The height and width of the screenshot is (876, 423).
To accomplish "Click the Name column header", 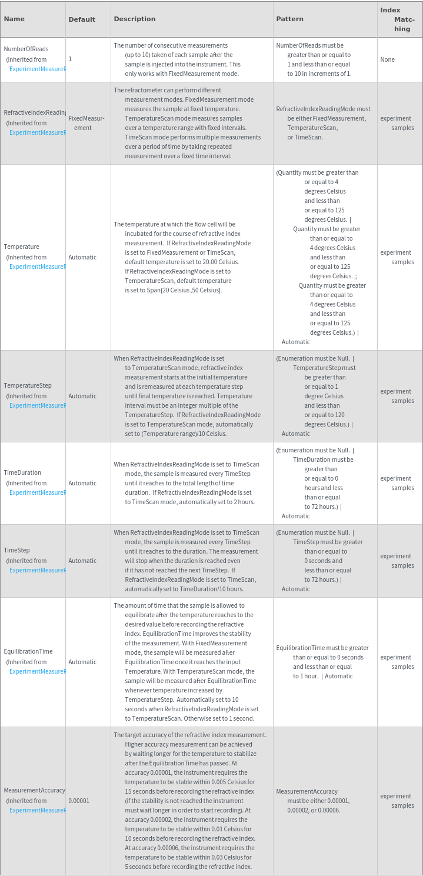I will point(14,19).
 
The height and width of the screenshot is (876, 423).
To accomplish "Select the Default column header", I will point(82,19).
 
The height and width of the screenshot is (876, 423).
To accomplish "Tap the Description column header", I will point(135,19).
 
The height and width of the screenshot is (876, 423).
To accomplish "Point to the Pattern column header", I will point(289,19).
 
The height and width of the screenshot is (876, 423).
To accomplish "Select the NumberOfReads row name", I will point(26,49).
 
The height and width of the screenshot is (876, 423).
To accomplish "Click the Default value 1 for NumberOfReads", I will point(70,59).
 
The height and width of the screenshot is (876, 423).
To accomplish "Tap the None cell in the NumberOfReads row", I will point(387,59).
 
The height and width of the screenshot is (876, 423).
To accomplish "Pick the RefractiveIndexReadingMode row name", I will point(35,113).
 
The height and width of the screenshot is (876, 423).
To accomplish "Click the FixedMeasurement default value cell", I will point(86,123).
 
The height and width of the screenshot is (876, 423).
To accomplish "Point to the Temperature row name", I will point(22,247).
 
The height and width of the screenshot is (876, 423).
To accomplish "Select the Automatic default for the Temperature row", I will point(82,257).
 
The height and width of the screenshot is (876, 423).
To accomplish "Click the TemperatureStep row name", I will point(28,386).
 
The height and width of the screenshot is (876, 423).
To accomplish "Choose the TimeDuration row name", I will point(22,473).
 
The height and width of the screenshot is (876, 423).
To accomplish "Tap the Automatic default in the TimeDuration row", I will point(82,483).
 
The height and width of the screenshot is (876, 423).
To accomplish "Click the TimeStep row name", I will point(17,551).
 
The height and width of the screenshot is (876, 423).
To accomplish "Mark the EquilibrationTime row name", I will point(28,652).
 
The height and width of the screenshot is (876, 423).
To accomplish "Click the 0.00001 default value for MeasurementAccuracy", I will point(79,801).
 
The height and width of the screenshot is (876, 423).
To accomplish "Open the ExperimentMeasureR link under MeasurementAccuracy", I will point(37,810).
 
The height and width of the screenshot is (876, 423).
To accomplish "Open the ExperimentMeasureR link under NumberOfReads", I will point(37,69).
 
